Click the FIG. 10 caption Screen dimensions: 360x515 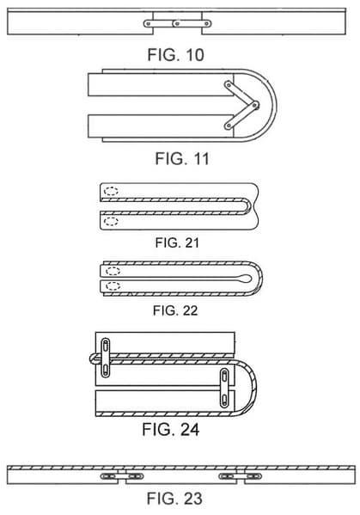[x=175, y=55]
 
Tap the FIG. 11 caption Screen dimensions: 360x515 [x=182, y=159]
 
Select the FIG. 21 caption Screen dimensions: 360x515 [x=177, y=243]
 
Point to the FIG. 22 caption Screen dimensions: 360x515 [x=175, y=310]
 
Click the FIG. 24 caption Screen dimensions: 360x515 [x=171, y=430]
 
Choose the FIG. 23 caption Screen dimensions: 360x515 [x=174, y=499]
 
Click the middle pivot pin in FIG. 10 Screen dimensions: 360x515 [x=177, y=24]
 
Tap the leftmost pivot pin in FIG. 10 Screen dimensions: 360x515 [x=149, y=24]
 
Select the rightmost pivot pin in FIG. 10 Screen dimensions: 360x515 [x=207, y=24]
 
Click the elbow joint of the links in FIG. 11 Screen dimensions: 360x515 [x=254, y=105]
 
